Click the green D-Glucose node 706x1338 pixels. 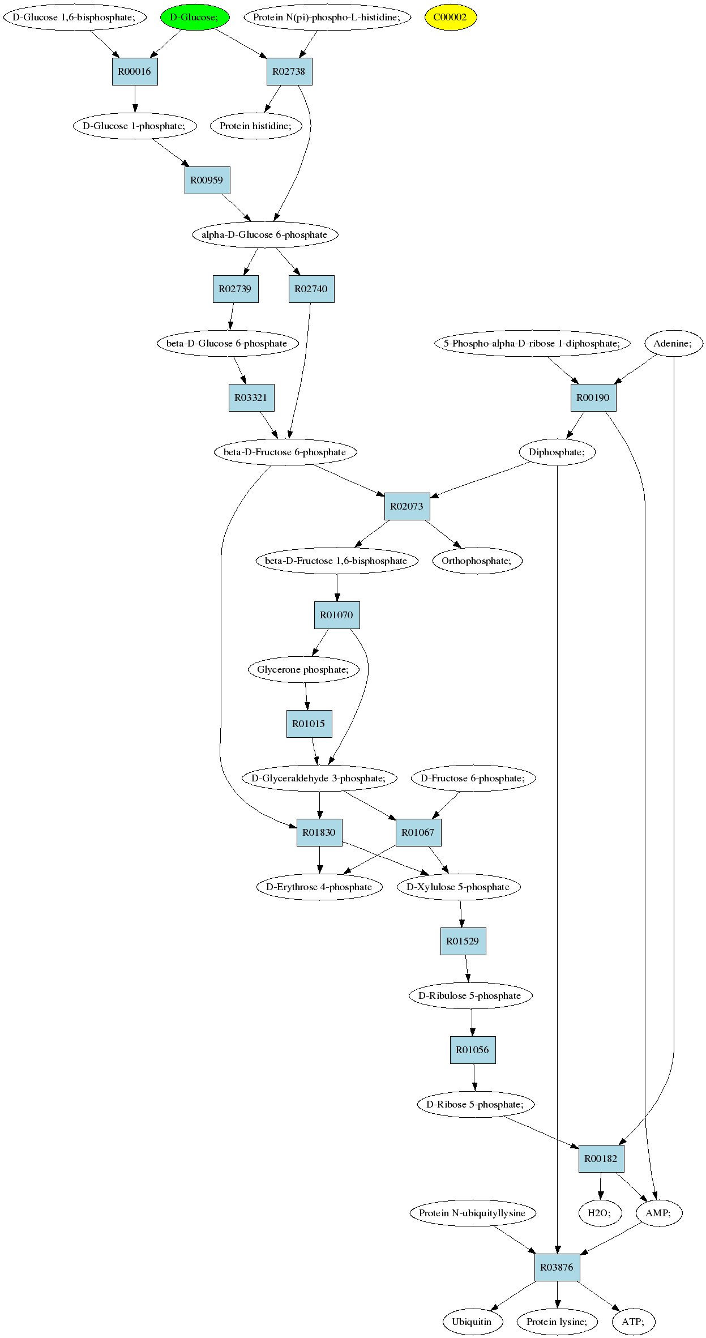[x=195, y=17]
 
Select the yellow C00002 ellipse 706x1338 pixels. [x=451, y=17]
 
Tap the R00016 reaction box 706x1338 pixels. [x=135, y=71]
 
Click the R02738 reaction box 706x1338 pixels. [x=289, y=71]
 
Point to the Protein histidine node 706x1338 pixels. [x=256, y=126]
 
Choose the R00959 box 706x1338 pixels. [x=207, y=180]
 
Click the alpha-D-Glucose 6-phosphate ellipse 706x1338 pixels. [x=265, y=234]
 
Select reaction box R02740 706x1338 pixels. [x=311, y=289]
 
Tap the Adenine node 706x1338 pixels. [x=674, y=343]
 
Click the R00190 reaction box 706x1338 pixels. [x=593, y=397]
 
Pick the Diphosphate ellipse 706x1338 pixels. [x=557, y=452]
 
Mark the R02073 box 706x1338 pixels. [x=407, y=506]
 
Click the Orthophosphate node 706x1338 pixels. [x=477, y=561]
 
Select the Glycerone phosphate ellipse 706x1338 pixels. [x=304, y=669]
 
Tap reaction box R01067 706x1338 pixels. [x=418, y=832]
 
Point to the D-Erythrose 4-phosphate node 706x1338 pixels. [x=319, y=887]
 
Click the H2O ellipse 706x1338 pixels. [x=600, y=1213]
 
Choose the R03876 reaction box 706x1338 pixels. [x=557, y=1267]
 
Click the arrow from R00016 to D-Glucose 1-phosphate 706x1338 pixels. [x=135, y=99]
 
